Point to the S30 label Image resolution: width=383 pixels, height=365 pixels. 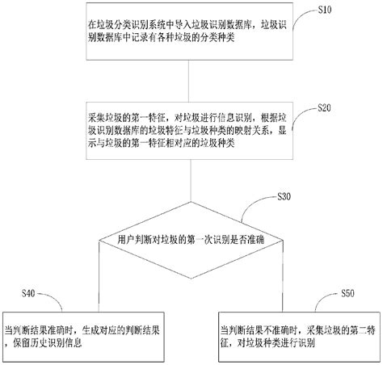coord(284,197)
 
